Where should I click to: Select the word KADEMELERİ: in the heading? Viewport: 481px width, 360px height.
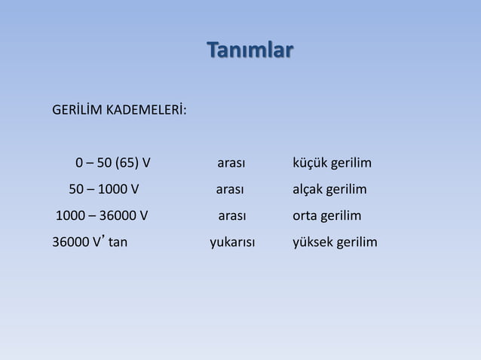[146, 113]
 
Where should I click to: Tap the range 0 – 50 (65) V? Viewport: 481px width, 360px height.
[112, 163]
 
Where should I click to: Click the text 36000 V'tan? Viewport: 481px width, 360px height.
[89, 243]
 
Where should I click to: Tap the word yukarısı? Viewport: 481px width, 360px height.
[231, 243]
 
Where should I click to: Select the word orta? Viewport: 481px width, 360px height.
[306, 217]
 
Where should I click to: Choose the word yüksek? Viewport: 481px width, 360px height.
[313, 243]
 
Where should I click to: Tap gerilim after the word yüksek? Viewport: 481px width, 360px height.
[357, 243]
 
